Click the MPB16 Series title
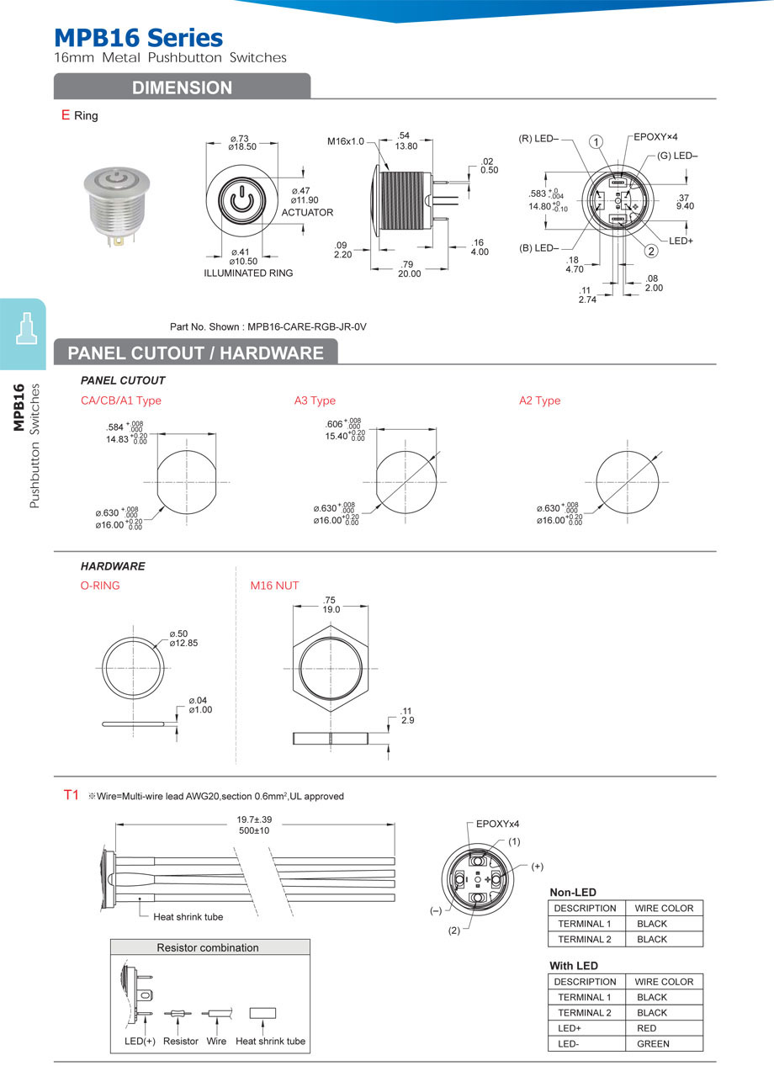(138, 38)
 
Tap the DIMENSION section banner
(182, 87)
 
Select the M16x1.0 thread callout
(345, 141)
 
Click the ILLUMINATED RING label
(248, 273)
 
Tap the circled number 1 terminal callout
(596, 141)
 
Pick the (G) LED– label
(677, 156)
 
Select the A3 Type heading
(315, 400)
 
